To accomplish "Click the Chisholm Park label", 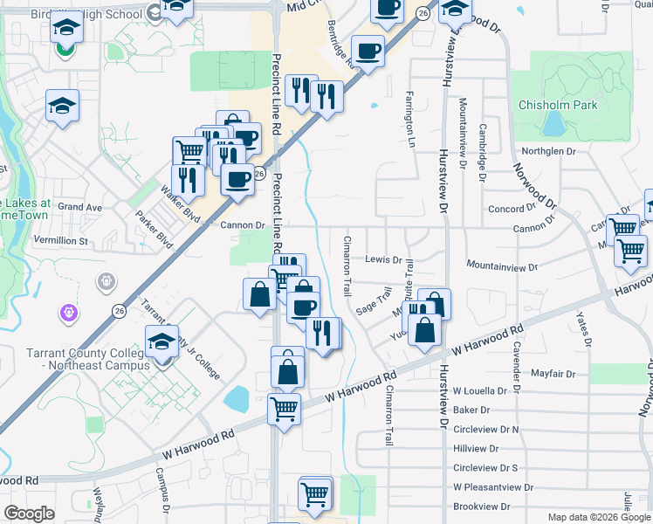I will [558, 105].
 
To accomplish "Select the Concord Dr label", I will [511, 209].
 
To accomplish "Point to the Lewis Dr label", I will [382, 259].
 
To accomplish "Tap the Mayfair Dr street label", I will [553, 373].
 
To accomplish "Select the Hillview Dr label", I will [476, 448].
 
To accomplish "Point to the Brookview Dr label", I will [481, 507].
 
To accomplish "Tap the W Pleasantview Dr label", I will [493, 487].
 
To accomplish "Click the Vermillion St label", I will [61, 240].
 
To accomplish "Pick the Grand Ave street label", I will [80, 207].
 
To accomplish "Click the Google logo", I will [29, 514].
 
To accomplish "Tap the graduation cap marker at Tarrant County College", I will [162, 341].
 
